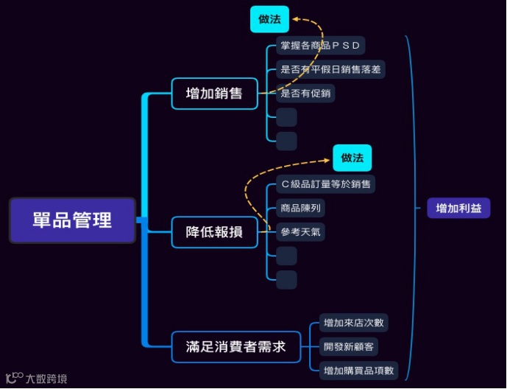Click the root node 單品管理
click(x=72, y=220)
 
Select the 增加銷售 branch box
click(x=215, y=94)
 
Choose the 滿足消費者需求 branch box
click(x=236, y=346)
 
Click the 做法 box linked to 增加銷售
click(x=269, y=19)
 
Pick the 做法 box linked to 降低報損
click(x=352, y=158)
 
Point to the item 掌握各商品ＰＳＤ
click(x=320, y=46)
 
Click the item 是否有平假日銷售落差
click(x=330, y=70)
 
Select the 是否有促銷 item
click(x=305, y=94)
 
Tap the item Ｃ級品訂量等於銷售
click(x=326, y=183)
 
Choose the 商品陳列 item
click(x=300, y=208)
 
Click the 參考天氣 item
click(x=300, y=232)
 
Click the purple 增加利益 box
click(x=458, y=208)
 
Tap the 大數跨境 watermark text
click(x=46, y=379)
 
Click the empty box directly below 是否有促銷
click(x=286, y=117)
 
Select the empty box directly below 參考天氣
click(x=286, y=256)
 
